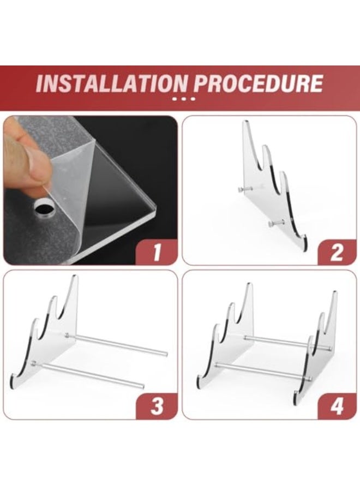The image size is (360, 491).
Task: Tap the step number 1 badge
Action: coord(157,253)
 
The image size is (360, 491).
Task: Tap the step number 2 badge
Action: coord(337,253)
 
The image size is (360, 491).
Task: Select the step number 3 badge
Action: coord(157,406)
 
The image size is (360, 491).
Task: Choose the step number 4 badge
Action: coord(337,406)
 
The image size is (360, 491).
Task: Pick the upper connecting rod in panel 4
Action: coord(278,342)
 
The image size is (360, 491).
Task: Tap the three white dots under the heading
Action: coord(183,99)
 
